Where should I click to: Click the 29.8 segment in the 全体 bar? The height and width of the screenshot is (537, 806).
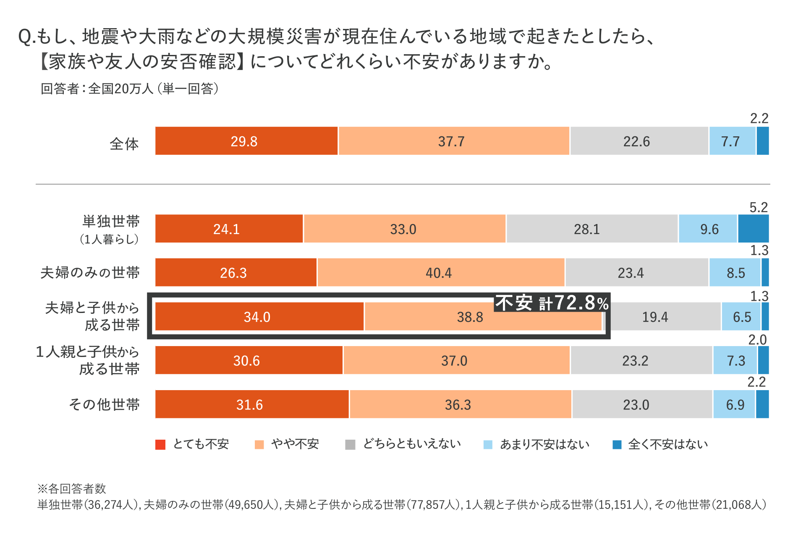click(x=246, y=141)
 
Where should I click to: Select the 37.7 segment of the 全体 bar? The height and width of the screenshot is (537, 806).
click(x=454, y=141)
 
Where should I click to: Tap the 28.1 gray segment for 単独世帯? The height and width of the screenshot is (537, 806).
click(x=592, y=229)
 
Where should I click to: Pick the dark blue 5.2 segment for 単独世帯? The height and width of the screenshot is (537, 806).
click(x=754, y=229)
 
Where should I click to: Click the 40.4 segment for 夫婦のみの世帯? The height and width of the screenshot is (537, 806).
click(x=441, y=273)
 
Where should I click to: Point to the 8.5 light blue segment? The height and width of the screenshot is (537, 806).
click(x=735, y=273)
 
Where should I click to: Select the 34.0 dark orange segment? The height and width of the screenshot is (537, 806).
click(x=259, y=317)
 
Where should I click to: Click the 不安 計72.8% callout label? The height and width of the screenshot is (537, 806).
click(x=552, y=303)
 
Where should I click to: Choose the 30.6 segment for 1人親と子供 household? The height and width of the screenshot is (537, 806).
click(x=249, y=360)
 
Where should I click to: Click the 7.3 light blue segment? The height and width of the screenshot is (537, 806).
click(x=735, y=360)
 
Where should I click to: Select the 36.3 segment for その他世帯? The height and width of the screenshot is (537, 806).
click(x=460, y=404)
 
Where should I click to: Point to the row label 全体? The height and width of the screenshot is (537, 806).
click(x=124, y=144)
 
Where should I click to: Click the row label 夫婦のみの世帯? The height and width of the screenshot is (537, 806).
click(x=90, y=273)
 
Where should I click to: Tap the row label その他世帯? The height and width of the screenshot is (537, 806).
click(x=104, y=404)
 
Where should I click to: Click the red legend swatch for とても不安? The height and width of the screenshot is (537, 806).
click(x=160, y=445)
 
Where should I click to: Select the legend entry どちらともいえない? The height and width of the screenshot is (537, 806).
click(x=411, y=444)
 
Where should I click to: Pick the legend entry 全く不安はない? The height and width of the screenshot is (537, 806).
click(x=667, y=444)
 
